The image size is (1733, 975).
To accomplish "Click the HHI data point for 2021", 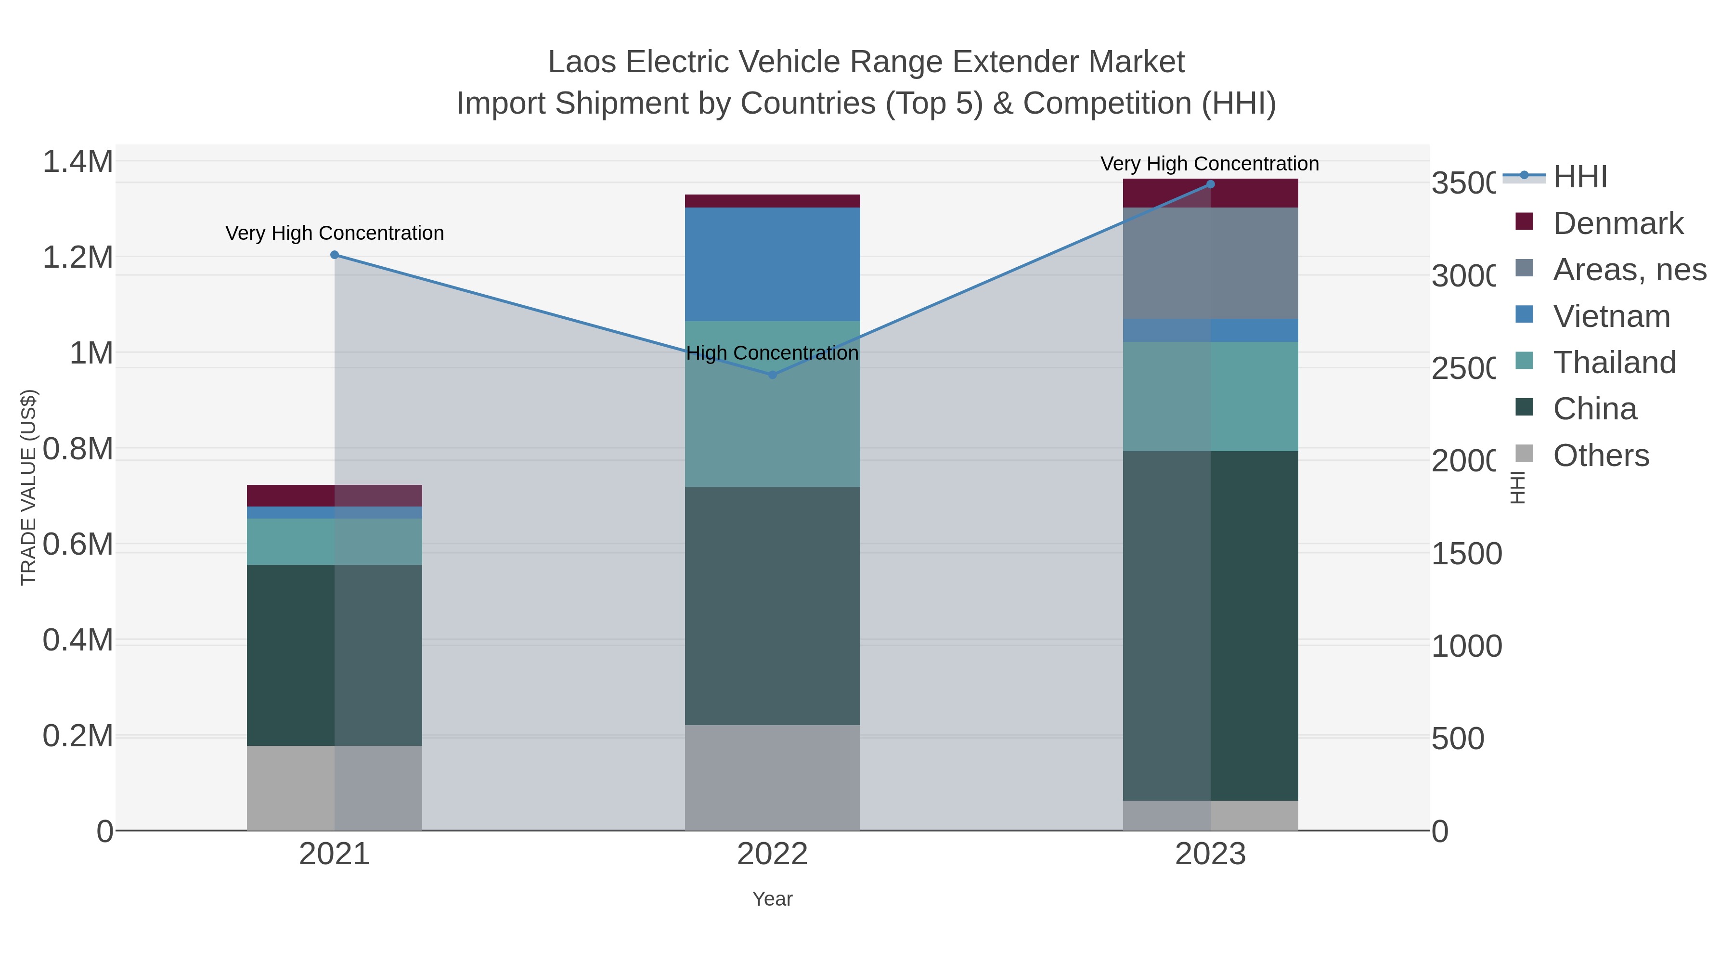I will tap(335, 255).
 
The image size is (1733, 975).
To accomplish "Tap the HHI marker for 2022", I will tap(772, 375).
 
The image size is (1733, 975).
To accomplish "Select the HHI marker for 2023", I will tap(1210, 184).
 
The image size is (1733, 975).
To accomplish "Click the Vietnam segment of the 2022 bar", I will tap(772, 264).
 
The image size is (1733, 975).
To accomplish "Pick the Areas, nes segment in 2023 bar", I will tap(1210, 263).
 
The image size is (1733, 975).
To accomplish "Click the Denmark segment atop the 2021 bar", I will tap(335, 495).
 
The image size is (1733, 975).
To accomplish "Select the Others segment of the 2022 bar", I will tap(772, 777).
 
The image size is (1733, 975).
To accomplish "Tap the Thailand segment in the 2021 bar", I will tap(335, 541).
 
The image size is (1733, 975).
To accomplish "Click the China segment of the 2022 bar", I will tap(772, 606).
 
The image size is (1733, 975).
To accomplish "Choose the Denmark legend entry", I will tap(1617, 223).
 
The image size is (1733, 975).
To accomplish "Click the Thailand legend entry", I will tap(1614, 363).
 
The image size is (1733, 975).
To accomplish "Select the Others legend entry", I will tap(1601, 455).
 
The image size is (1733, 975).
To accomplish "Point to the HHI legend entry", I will tap(1579, 177).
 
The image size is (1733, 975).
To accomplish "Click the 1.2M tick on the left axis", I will tap(78, 257).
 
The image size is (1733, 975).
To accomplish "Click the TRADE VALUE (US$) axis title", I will tap(28, 487).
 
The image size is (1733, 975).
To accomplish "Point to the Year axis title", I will tap(772, 899).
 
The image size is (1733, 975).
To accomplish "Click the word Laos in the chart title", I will tap(581, 62).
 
